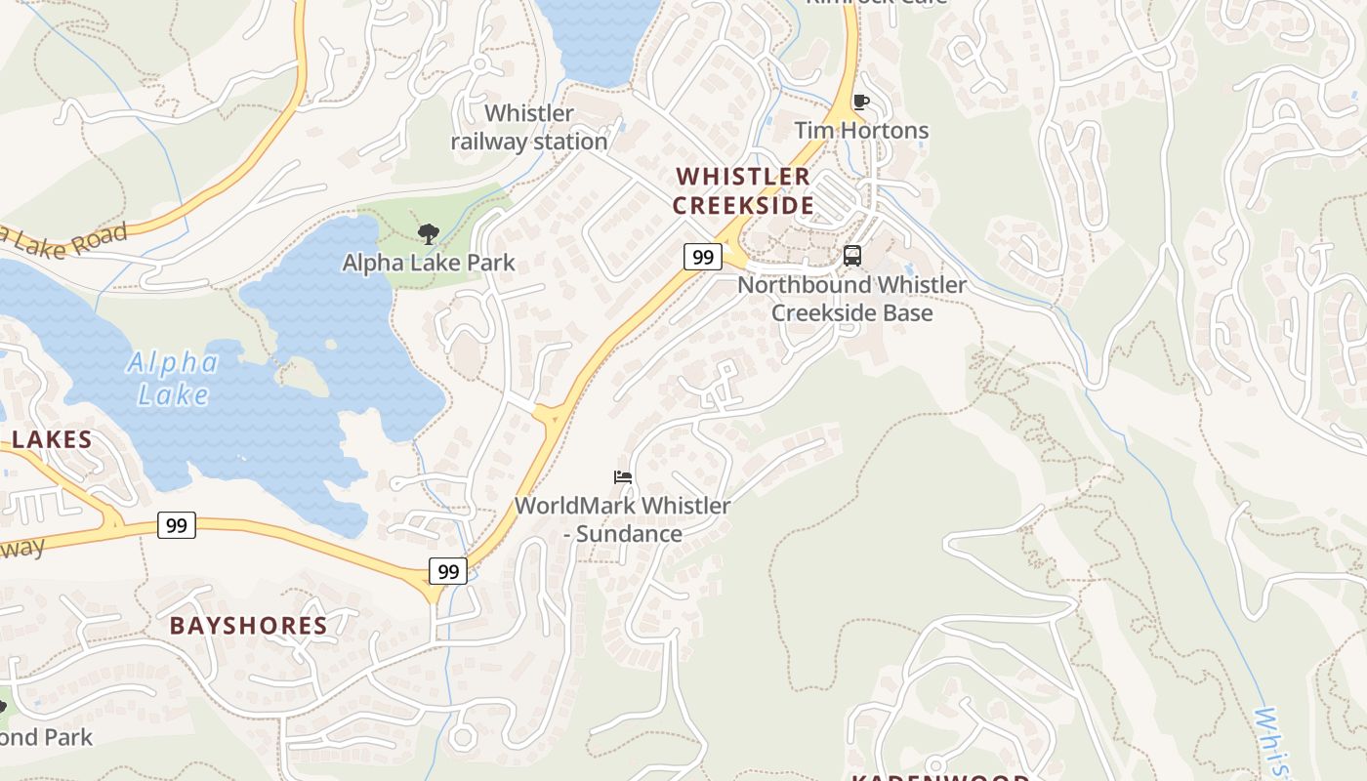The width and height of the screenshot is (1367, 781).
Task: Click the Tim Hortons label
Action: [x=860, y=130]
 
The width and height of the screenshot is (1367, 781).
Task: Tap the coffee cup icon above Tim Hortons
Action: [x=860, y=102]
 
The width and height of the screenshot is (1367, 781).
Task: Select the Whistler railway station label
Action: [x=529, y=128]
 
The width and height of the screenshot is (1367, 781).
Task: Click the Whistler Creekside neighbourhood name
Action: [x=743, y=190]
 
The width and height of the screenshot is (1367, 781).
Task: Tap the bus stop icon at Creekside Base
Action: [x=852, y=256]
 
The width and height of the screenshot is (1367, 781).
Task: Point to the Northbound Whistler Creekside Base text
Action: [x=851, y=299]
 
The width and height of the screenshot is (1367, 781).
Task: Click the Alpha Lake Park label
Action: [x=429, y=263]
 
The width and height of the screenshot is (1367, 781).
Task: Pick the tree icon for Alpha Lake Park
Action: [x=428, y=234]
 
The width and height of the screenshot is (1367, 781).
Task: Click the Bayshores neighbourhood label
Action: [x=248, y=626]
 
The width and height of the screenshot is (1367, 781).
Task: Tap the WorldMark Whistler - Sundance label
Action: [x=622, y=519]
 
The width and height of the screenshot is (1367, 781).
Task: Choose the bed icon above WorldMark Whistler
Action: [x=622, y=477]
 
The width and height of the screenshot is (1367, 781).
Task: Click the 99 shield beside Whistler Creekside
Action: [x=702, y=257]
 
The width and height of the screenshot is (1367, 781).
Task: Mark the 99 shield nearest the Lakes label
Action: [x=176, y=525]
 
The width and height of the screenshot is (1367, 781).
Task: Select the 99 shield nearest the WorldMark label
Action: [x=448, y=571]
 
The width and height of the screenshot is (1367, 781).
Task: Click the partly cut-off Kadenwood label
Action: [x=940, y=776]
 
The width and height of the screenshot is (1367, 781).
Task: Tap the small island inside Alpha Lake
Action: [x=305, y=375]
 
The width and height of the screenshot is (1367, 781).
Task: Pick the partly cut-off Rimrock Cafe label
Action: [x=875, y=3]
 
